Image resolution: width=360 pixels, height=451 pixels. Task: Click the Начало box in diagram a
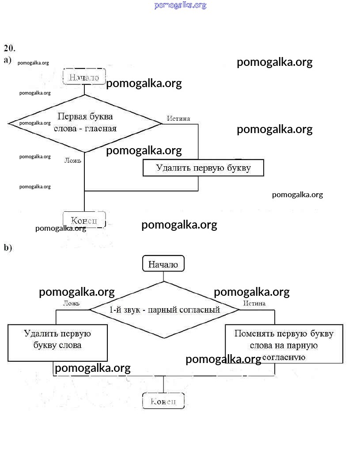click(x=84, y=77)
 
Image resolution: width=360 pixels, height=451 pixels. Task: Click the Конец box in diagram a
click(x=84, y=220)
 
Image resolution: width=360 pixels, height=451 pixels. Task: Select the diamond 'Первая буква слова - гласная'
click(x=85, y=123)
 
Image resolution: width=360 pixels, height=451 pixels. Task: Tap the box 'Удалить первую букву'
click(x=203, y=168)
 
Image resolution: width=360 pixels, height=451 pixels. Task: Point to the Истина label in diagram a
click(x=178, y=118)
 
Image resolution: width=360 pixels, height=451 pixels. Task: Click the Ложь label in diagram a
click(x=73, y=161)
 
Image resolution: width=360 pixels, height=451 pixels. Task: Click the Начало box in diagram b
click(x=163, y=264)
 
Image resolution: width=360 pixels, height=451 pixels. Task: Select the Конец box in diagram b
click(x=163, y=401)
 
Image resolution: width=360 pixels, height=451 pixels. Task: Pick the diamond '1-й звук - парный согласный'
click(x=164, y=310)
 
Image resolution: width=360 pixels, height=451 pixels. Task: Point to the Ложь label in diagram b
click(x=71, y=303)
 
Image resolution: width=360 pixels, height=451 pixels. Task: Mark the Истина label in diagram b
click(x=254, y=303)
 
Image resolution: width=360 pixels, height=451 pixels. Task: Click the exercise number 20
click(x=10, y=48)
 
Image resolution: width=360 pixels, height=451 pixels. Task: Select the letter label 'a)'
click(x=8, y=60)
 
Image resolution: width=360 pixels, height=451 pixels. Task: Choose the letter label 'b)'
click(x=8, y=248)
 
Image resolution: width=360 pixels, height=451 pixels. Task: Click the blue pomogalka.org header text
click(x=180, y=5)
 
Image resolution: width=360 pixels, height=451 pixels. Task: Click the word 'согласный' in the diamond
click(x=199, y=310)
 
